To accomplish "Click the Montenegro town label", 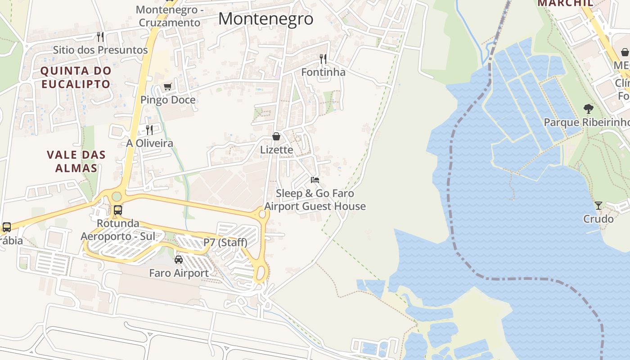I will [x=265, y=18].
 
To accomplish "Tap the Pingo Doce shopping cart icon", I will [x=168, y=86].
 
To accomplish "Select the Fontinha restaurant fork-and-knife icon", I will [x=323, y=59].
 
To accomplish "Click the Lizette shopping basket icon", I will [x=276, y=136].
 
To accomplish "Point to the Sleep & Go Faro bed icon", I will [x=315, y=180].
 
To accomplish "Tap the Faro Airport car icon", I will [x=179, y=260].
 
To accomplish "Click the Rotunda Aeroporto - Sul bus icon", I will [x=118, y=210].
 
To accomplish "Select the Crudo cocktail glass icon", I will [x=598, y=206].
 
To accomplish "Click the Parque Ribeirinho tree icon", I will [x=588, y=108].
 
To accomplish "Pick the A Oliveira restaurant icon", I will [x=149, y=130].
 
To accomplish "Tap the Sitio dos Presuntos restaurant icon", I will [x=100, y=36].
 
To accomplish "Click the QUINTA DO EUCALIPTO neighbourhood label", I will [x=76, y=77].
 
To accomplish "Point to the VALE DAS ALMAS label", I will [x=76, y=162].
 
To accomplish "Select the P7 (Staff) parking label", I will [x=225, y=243].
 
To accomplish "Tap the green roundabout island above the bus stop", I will [x=117, y=197].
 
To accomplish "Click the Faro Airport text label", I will [x=179, y=273].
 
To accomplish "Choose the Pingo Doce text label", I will [x=168, y=100].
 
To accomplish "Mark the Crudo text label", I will [x=598, y=219].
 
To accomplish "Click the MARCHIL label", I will [x=565, y=3].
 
